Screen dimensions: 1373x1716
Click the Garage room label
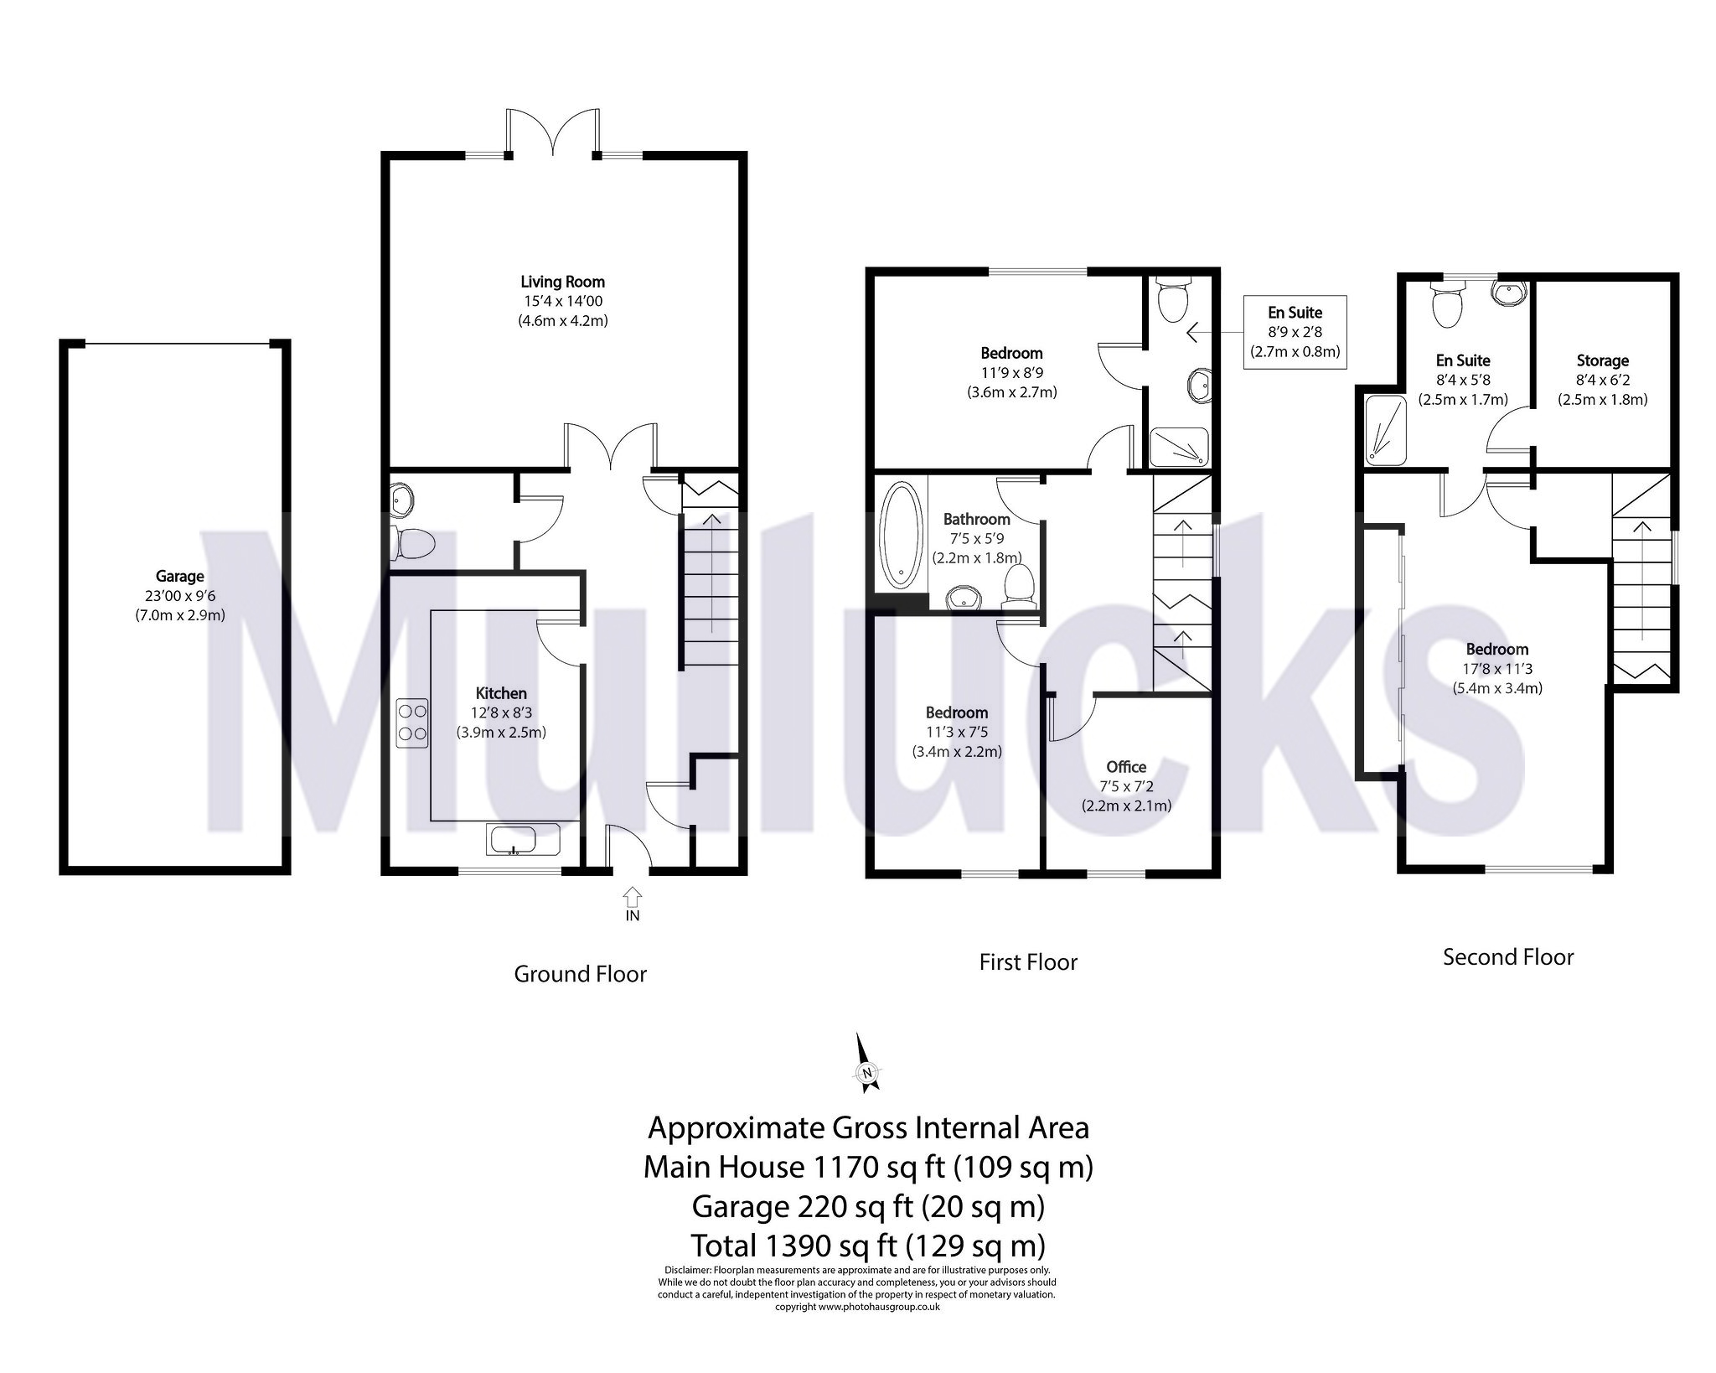(x=179, y=577)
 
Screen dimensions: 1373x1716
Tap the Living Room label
(x=562, y=282)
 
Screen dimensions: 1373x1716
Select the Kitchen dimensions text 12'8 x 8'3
(x=501, y=712)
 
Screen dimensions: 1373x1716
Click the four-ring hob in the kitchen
(x=412, y=723)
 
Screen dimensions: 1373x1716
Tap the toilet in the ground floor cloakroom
(x=414, y=544)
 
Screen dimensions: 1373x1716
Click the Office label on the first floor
(x=1126, y=767)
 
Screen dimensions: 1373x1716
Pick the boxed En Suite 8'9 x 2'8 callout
(x=1295, y=332)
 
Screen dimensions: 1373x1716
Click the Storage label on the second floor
(x=1602, y=361)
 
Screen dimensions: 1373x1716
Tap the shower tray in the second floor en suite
(x=1384, y=430)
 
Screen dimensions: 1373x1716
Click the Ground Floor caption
(x=580, y=974)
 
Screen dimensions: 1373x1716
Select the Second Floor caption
(x=1507, y=957)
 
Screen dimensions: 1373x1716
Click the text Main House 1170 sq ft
(x=868, y=1167)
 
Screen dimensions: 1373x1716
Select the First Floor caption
(x=1028, y=962)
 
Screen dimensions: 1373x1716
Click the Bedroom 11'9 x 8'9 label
(x=1011, y=354)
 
